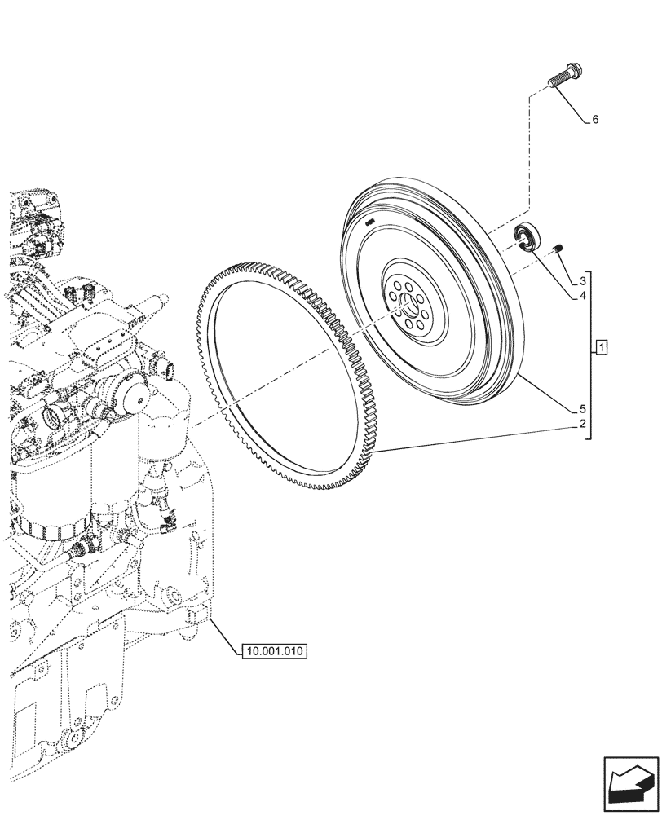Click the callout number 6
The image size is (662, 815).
tap(595, 120)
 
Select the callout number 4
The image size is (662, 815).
tap(584, 297)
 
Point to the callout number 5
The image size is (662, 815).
tap(584, 408)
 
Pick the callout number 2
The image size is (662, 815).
tap(584, 424)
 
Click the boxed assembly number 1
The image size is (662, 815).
tap(601, 350)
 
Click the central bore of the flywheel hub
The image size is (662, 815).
tap(408, 308)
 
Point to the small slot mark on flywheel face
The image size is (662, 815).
tap(369, 222)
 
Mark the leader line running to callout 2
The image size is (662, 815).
tap(481, 437)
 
